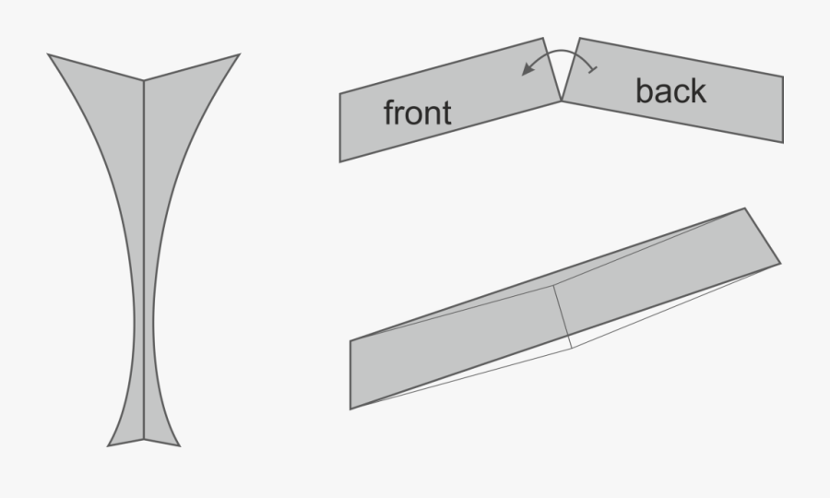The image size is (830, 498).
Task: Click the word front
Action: [x=417, y=113]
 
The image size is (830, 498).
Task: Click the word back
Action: [x=670, y=90]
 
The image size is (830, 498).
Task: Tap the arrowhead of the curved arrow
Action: [x=528, y=68]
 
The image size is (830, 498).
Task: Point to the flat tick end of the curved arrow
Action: [x=593, y=70]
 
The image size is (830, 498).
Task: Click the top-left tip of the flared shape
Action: [x=48, y=54]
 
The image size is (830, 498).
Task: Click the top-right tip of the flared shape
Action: [x=240, y=54]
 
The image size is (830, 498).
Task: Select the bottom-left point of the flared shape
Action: [x=108, y=446]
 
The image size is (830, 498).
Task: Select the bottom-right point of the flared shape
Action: [x=180, y=446]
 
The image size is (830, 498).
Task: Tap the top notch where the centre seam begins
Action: [x=144, y=80]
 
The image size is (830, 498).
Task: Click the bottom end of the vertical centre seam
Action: [x=144, y=439]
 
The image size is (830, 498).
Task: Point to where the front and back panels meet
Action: [x=561, y=101]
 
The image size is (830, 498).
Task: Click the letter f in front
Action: [x=389, y=113]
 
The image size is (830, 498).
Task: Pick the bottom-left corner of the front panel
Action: [x=339, y=161]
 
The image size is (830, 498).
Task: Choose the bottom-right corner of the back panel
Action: [x=783, y=142]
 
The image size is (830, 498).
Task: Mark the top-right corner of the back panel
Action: [x=783, y=77]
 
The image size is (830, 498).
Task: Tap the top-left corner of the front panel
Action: [x=339, y=94]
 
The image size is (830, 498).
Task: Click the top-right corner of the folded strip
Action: [x=745, y=208]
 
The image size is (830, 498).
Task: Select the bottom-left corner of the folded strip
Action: [x=350, y=409]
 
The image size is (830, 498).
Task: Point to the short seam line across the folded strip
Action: [x=563, y=316]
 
